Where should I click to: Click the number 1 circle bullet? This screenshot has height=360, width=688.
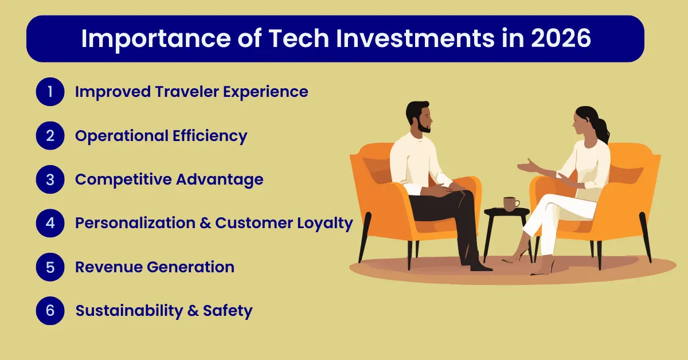point(50,92)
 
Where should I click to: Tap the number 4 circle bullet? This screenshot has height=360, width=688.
point(50,223)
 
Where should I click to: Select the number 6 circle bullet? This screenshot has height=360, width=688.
point(50,311)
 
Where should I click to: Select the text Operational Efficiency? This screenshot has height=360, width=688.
point(161,136)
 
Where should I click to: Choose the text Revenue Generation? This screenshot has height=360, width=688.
point(155,267)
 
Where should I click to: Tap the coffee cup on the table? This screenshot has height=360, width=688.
point(510,203)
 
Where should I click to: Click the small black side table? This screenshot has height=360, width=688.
point(506,213)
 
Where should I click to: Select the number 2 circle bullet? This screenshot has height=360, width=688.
point(50,136)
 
